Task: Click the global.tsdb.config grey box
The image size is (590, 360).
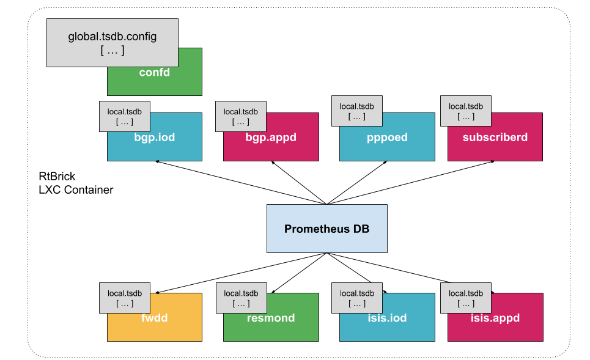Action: click(112, 43)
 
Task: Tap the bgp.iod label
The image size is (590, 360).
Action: click(155, 138)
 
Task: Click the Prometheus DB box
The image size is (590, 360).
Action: click(326, 229)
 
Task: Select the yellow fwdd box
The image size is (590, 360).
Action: click(155, 324)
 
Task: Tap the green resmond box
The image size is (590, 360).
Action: click(271, 324)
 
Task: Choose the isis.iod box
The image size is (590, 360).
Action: click(387, 324)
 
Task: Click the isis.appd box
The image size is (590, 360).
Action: click(495, 324)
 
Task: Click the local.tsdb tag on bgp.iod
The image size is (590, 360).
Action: click(125, 116)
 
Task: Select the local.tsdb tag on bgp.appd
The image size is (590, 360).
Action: click(241, 116)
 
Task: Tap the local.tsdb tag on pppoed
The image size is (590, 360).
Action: click(357, 111)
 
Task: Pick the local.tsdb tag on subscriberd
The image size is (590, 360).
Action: click(466, 111)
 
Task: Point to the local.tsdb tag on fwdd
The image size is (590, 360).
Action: click(125, 298)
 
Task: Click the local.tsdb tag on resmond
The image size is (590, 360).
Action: click(241, 298)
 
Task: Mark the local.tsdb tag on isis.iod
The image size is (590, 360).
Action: click(357, 298)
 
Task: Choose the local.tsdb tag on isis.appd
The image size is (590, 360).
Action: click(466, 298)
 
